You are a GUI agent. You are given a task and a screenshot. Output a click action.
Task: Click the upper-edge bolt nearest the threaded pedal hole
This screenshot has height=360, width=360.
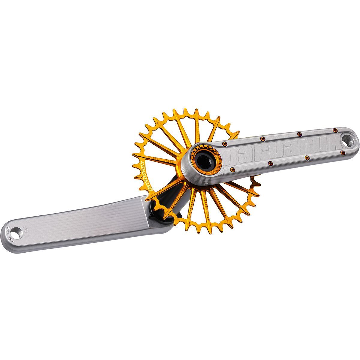(x=335, y=130)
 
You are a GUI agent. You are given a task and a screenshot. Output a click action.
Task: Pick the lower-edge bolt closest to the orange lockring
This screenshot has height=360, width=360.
(x=232, y=170)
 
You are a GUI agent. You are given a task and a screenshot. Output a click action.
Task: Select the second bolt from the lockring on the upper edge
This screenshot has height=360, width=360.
(x=262, y=139)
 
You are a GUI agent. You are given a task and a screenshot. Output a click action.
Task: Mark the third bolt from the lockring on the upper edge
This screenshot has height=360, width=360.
(x=299, y=134)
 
